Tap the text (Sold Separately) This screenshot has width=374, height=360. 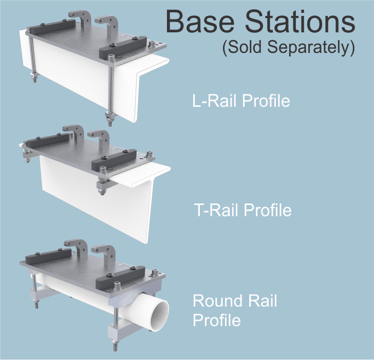288,48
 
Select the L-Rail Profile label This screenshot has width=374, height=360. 241,101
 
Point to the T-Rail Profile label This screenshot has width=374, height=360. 242,210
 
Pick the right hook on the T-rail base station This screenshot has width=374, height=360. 100,139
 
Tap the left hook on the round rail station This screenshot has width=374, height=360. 77,248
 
